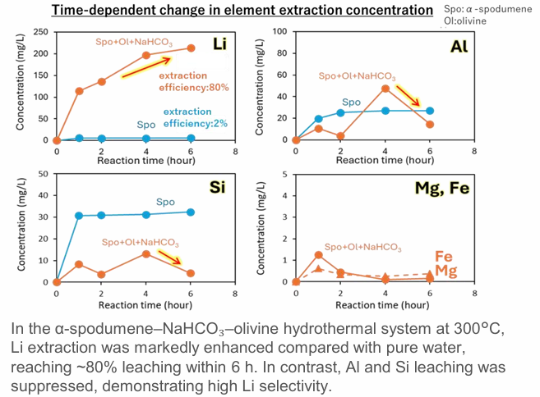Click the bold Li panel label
221,44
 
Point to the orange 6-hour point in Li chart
191,48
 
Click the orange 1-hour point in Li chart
79,91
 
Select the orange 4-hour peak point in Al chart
385,89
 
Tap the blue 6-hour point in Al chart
430,111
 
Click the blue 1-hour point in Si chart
79,216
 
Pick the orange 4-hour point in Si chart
145,253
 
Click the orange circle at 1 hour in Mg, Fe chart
319,255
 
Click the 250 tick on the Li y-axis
40,31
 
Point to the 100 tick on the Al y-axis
279,31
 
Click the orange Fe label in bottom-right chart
445,255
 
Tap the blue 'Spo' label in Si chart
166,201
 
